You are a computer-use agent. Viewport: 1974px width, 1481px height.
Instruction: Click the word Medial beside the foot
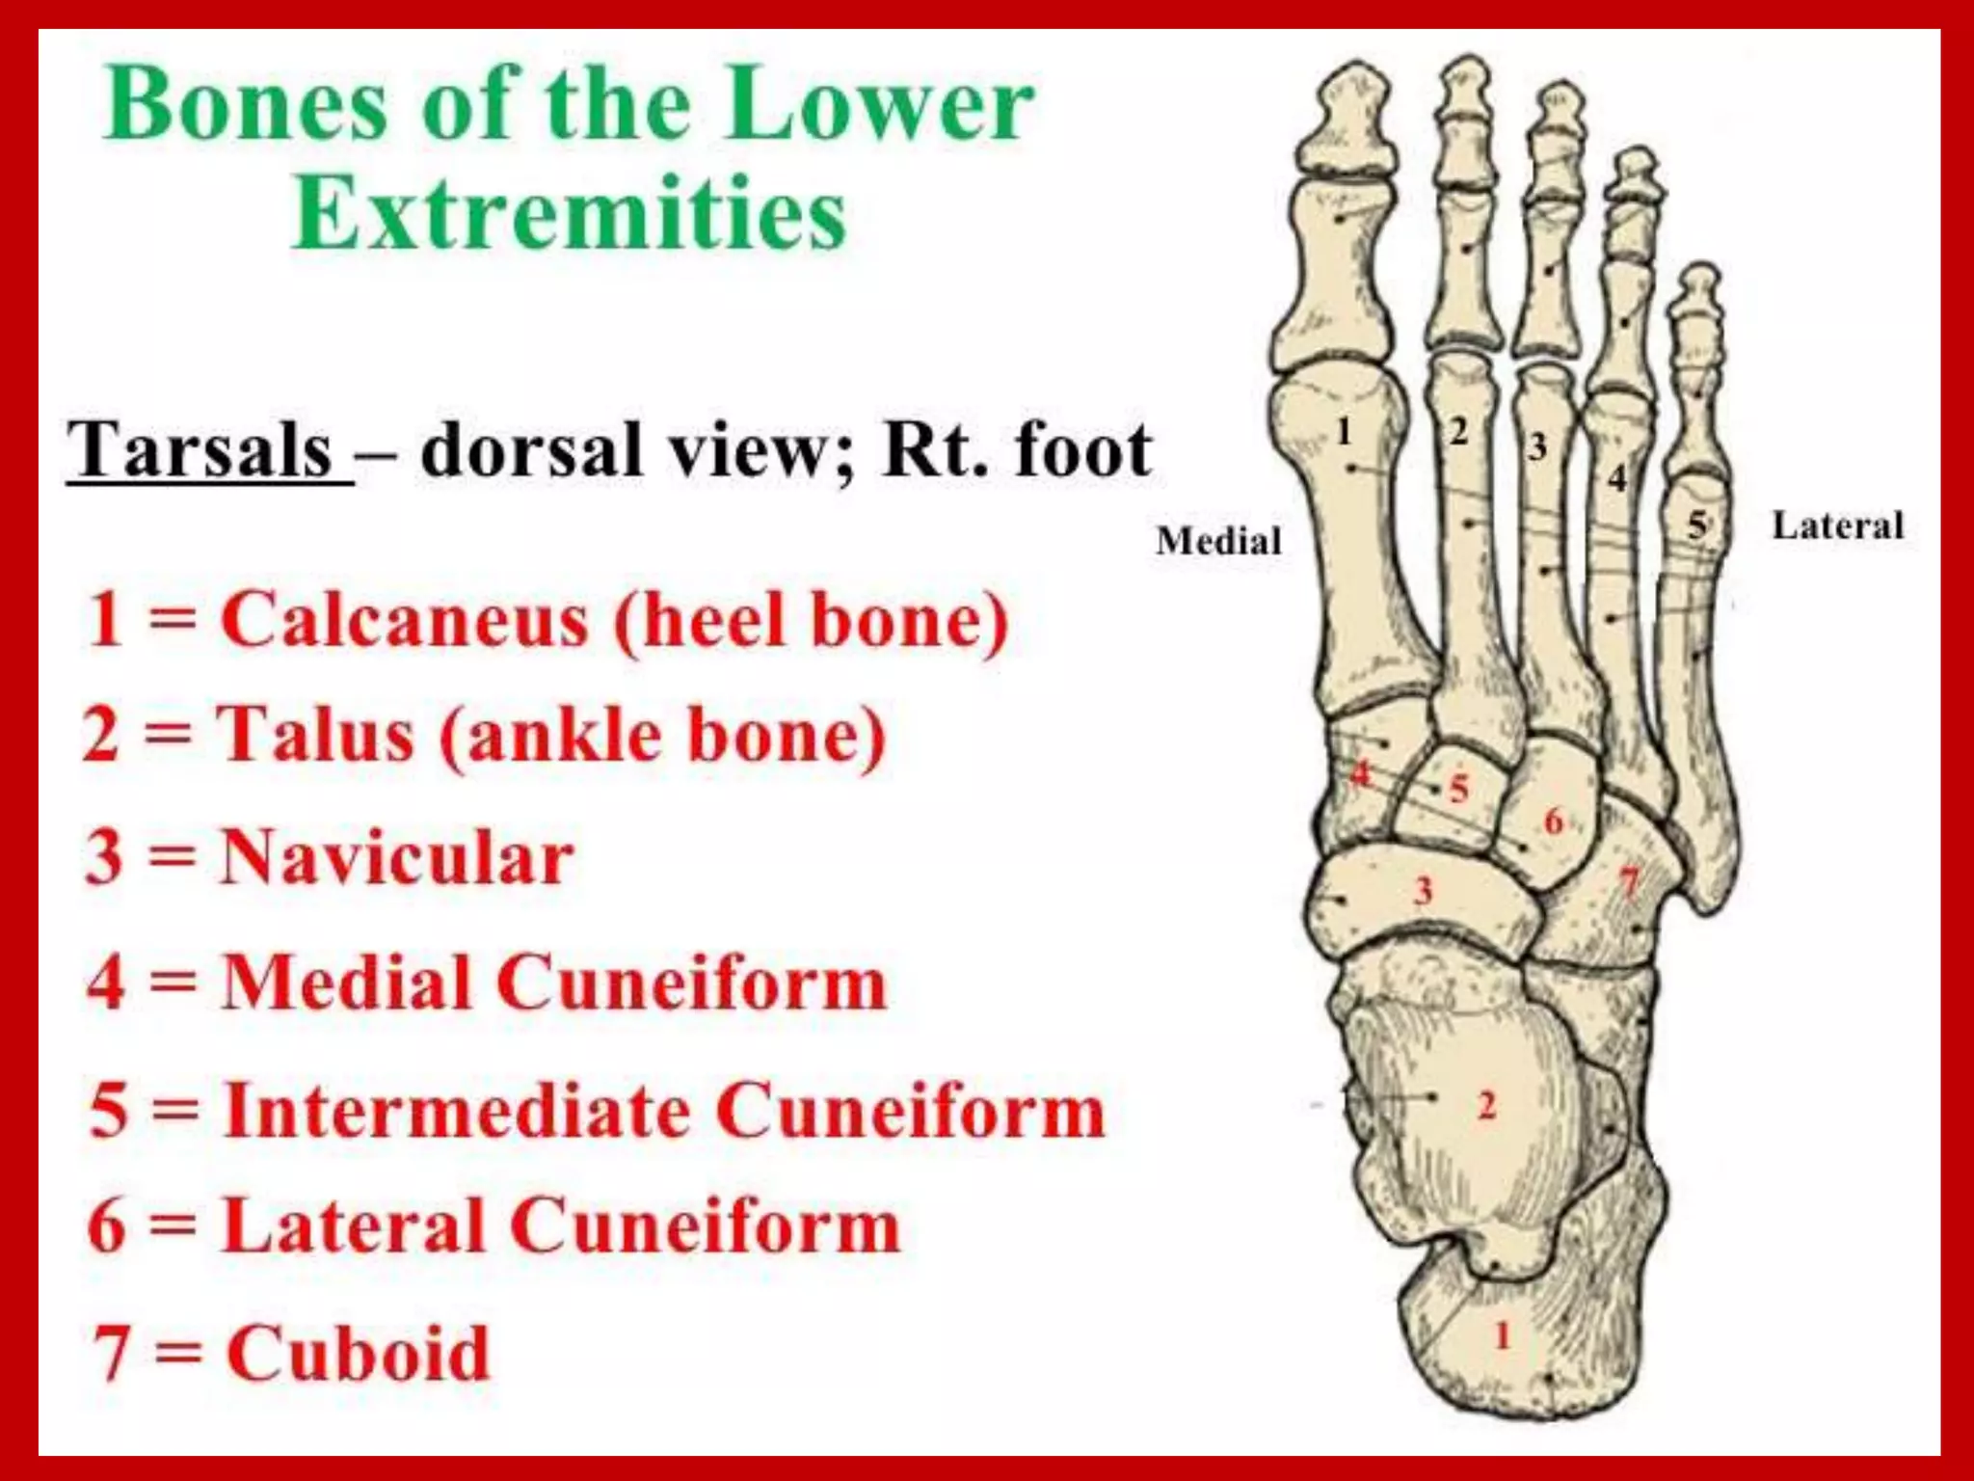click(x=1218, y=541)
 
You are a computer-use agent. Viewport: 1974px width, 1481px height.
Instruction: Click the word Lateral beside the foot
click(x=1837, y=526)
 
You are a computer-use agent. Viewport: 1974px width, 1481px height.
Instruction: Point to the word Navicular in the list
click(x=397, y=857)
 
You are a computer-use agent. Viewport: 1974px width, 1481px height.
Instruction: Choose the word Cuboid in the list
click(x=359, y=1353)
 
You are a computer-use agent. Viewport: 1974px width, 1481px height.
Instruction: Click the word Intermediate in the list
click(x=457, y=1111)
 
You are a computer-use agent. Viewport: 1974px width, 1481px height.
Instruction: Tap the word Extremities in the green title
click(x=570, y=214)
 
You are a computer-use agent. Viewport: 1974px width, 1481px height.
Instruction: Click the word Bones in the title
click(x=248, y=104)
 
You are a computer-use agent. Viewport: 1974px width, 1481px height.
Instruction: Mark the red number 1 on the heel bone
click(x=1502, y=1336)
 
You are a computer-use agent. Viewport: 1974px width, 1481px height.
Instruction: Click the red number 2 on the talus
click(x=1486, y=1106)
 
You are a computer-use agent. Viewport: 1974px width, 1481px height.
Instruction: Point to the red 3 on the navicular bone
click(x=1423, y=889)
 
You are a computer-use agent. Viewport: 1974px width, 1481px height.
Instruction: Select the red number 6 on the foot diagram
click(x=1553, y=821)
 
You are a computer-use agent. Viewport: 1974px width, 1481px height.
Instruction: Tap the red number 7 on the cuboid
click(x=1629, y=881)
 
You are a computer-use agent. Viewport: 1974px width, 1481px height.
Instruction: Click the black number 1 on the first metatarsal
click(x=1344, y=431)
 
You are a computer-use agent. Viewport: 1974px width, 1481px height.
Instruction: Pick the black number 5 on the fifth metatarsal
click(x=1696, y=525)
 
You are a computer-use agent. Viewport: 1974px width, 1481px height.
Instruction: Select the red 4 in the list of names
click(x=106, y=983)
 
